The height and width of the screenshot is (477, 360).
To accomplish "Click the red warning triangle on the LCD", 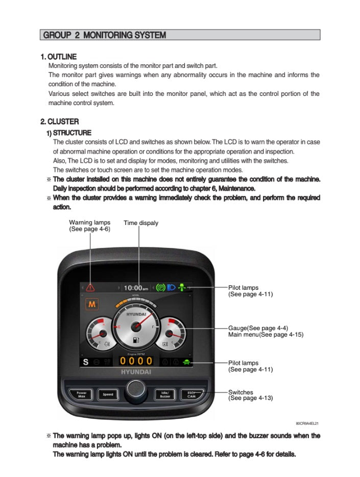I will (90, 288).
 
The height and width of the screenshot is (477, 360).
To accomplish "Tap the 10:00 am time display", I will (136, 288).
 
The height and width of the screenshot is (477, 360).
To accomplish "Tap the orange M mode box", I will (92, 305).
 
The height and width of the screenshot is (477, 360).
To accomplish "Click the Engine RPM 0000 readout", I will (136, 361).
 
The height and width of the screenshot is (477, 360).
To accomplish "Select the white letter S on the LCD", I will (86, 362).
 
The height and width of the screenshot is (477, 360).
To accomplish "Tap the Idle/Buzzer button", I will (165, 394).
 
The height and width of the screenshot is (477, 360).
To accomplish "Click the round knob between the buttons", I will (136, 389).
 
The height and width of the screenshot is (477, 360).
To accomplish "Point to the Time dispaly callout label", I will (141, 223).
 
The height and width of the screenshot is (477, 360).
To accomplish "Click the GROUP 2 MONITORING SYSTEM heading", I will (105, 35).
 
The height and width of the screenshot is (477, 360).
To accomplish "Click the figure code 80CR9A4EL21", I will (307, 423).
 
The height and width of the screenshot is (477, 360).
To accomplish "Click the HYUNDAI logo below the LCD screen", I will (136, 372).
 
